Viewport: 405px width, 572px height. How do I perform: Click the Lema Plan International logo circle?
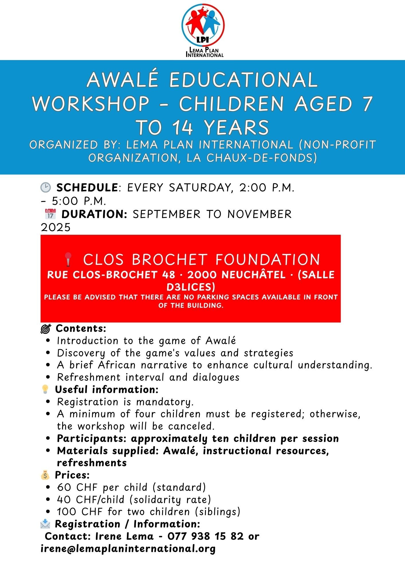[203, 25]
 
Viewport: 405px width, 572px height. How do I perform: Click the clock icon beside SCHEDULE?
[46, 188]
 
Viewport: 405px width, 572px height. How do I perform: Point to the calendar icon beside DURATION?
[50, 214]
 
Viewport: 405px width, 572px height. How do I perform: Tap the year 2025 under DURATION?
[56, 227]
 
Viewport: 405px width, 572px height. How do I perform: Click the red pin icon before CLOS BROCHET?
[68, 259]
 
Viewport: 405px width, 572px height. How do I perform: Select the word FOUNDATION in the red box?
[268, 260]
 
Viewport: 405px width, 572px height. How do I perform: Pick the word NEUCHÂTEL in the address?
[253, 275]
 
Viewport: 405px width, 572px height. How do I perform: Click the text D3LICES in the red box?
[191, 287]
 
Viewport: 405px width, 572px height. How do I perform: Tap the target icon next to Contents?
[46, 329]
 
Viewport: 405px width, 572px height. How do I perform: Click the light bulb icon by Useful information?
[45, 389]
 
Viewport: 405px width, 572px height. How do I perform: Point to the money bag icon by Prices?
[45, 475]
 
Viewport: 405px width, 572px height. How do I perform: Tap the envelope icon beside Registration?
[45, 524]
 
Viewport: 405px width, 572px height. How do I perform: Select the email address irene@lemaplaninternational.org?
[128, 549]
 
